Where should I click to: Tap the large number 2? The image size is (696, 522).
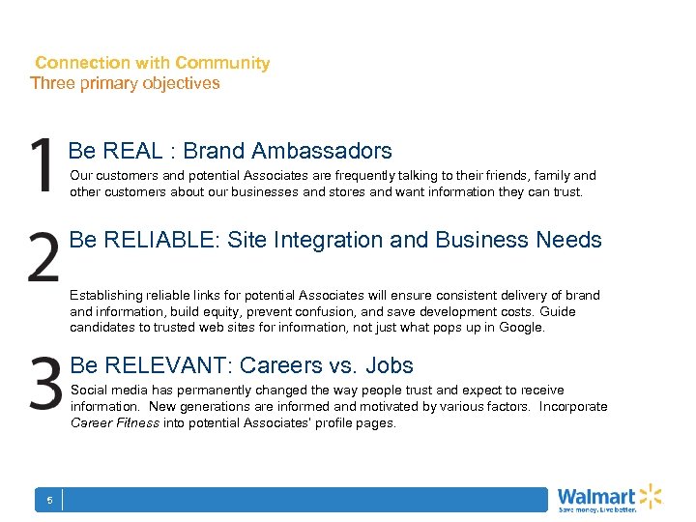point(43,256)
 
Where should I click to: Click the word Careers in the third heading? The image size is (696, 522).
point(280,365)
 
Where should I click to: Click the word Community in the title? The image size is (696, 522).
point(222,63)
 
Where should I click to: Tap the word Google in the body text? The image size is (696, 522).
point(522,328)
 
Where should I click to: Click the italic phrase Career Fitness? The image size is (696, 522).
point(115,423)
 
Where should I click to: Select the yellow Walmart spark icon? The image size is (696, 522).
point(650,496)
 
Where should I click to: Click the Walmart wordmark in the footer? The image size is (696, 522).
point(596,497)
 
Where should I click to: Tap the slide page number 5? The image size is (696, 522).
point(49,500)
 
